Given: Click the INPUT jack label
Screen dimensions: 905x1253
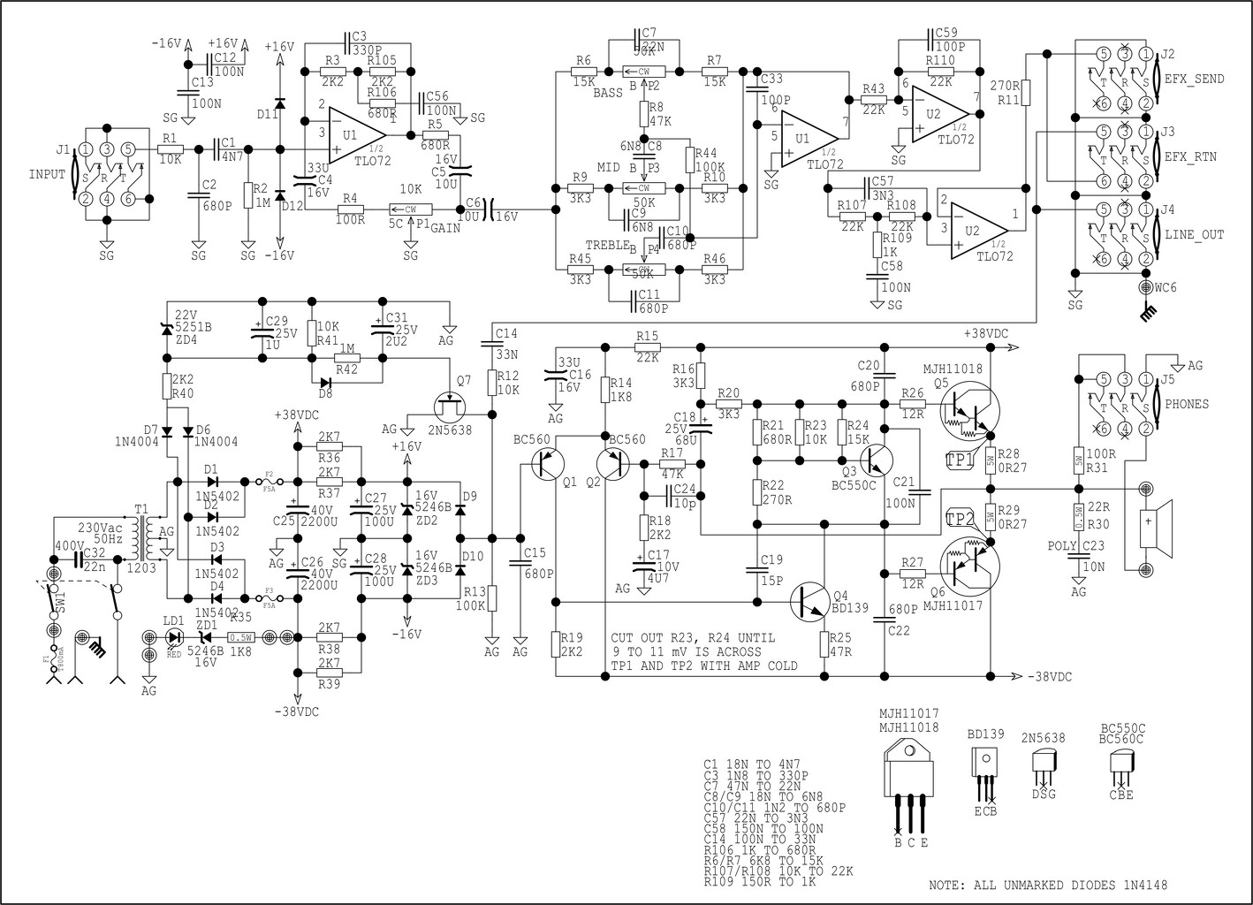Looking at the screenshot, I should pyautogui.click(x=47, y=173).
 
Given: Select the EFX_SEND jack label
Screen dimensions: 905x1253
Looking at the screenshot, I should pyautogui.click(x=1195, y=79).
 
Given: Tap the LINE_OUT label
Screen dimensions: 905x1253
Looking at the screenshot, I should pyautogui.click(x=1195, y=234).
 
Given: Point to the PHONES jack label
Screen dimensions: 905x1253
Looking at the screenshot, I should pyautogui.click(x=1186, y=404).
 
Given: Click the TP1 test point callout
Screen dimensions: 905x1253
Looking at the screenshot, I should pyautogui.click(x=961, y=459).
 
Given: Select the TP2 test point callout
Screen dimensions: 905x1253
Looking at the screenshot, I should pyautogui.click(x=961, y=520).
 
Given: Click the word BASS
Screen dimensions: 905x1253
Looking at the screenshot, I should pyautogui.click(x=607, y=93).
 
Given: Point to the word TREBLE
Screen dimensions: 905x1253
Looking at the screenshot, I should pyautogui.click(x=605, y=244).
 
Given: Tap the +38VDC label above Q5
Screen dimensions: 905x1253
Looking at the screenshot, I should pyautogui.click(x=986, y=333).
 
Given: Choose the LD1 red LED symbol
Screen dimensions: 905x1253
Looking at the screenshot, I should pyautogui.click(x=174, y=636).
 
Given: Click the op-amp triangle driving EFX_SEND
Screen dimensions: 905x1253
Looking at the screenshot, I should pyautogui.click(x=941, y=114).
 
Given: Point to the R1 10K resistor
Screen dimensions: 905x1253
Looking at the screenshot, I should pyautogui.click(x=170, y=150).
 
